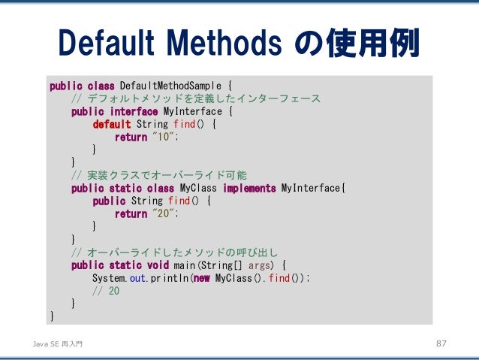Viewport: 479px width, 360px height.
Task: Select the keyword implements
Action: (250, 188)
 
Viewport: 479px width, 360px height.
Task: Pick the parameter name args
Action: (260, 265)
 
